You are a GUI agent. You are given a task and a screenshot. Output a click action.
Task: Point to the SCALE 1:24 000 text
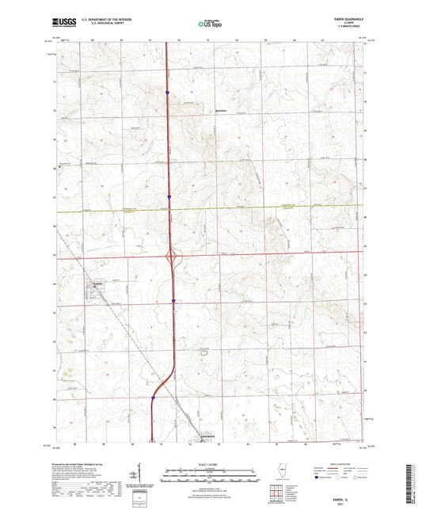[x=211, y=464]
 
